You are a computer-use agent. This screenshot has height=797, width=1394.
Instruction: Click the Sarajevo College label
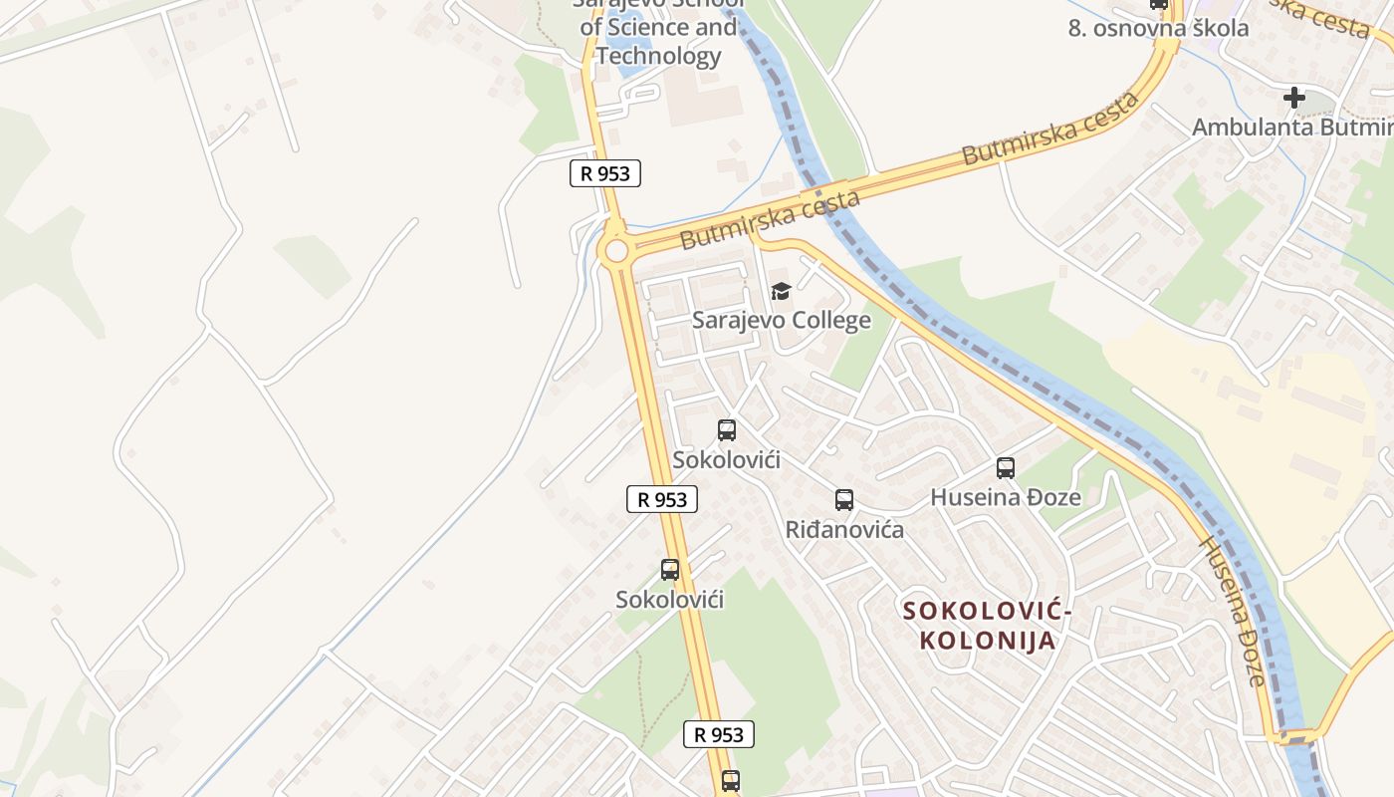tap(781, 320)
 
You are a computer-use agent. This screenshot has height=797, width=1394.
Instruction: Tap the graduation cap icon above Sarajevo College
tap(781, 291)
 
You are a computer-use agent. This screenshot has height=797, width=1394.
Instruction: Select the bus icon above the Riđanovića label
tap(844, 500)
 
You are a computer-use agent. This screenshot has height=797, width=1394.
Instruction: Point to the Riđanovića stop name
tap(844, 529)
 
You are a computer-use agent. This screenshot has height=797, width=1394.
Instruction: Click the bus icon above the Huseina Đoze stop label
tap(1006, 468)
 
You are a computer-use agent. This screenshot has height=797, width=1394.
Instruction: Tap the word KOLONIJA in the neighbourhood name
tap(987, 640)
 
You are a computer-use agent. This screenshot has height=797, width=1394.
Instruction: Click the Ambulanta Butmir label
tap(1292, 127)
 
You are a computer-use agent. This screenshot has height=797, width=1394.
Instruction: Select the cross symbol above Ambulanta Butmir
tap(1293, 98)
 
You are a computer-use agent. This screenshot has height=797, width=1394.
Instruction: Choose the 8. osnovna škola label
tap(1158, 28)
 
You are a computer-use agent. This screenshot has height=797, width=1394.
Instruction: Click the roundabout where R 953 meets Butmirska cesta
tap(616, 249)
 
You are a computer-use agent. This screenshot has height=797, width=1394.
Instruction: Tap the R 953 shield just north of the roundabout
tap(605, 173)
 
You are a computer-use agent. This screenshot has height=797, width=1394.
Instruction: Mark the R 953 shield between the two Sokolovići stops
tap(662, 499)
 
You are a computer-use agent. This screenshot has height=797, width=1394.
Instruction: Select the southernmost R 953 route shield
tap(719, 735)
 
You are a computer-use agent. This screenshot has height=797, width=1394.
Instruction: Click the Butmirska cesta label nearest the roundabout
tap(770, 220)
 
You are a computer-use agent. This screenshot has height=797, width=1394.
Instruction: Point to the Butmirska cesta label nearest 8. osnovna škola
tap(1050, 130)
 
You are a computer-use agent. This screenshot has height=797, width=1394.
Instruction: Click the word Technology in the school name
tap(658, 56)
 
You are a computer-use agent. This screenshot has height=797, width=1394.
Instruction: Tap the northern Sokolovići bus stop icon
tap(727, 430)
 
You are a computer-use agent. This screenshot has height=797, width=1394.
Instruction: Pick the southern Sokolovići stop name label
tap(669, 600)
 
